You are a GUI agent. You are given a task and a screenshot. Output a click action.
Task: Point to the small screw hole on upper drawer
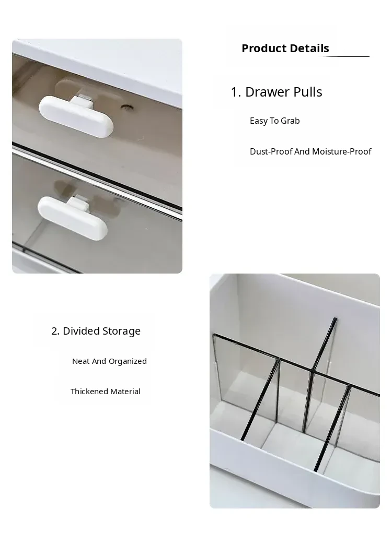[127, 108]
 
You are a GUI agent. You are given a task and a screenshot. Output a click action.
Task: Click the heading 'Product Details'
[285, 48]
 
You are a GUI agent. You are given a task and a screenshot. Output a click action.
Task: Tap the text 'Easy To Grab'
[274, 121]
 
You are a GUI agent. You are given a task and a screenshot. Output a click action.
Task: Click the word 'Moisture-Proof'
[341, 151]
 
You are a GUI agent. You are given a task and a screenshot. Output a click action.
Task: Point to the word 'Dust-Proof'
[271, 151]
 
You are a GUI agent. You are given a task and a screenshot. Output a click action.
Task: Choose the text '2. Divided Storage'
[96, 331]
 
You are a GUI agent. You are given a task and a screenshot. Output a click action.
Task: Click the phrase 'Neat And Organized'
[109, 361]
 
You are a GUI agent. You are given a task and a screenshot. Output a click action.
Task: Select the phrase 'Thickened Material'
[106, 391]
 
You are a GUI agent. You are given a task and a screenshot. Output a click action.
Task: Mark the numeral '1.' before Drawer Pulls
[236, 92]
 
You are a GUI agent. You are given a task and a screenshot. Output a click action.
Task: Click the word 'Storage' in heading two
[121, 331]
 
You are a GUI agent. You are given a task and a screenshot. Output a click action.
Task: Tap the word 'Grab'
[290, 121]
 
